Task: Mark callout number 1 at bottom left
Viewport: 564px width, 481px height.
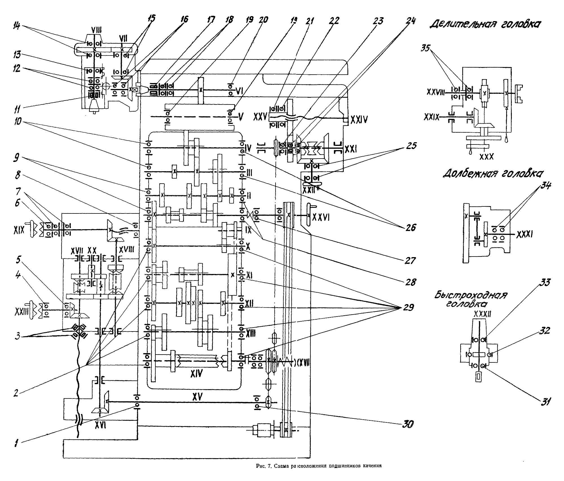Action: (17, 444)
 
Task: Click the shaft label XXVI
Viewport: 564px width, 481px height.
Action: (320, 217)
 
